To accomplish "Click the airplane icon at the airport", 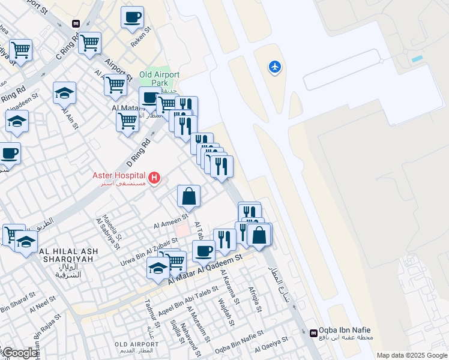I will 275,67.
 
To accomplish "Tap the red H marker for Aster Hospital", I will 155,177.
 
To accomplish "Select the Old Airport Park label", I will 159,79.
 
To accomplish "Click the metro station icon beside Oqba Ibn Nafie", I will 313,332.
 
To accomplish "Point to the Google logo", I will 20,353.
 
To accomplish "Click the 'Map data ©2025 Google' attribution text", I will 412,355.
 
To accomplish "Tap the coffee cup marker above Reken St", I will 132,17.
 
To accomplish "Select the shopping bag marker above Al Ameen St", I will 188,196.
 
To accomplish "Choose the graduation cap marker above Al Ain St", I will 64,93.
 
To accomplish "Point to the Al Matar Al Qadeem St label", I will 204,268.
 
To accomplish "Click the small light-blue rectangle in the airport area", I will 417,59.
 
